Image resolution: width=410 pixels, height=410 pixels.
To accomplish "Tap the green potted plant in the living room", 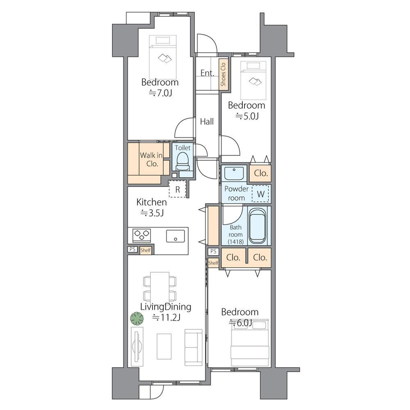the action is pos(137,319).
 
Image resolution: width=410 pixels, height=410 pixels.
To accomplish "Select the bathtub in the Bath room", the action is pos(257,226).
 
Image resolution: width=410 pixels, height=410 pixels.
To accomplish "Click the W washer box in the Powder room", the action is pos(260,194).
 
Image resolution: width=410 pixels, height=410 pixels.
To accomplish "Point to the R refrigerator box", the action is pos(178,189).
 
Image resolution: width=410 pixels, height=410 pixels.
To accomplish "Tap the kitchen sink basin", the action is pos(175,236).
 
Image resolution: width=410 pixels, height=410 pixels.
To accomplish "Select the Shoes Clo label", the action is pos(223,75).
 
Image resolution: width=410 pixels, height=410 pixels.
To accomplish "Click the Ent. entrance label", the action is pos(207,73).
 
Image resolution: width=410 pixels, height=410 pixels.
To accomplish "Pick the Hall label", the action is pos(207,122).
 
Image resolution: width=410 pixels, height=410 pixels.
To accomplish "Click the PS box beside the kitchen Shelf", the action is pos(132,249).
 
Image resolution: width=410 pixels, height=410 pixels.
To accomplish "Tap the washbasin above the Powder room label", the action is pos(234,173).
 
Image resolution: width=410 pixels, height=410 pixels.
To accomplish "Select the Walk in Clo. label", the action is pos(151,159).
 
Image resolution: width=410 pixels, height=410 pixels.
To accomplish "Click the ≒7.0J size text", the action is pos(160,93).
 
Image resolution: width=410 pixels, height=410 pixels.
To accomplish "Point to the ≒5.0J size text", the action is pos(247,116).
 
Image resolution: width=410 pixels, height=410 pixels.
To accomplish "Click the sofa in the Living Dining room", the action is pos(194,347).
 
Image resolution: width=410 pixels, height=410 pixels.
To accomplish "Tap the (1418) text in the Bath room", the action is pos(236,242).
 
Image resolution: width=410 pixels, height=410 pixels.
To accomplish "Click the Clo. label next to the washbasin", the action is pos(261,173).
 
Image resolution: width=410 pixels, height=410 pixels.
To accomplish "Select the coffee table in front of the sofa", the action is pos(164,346).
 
